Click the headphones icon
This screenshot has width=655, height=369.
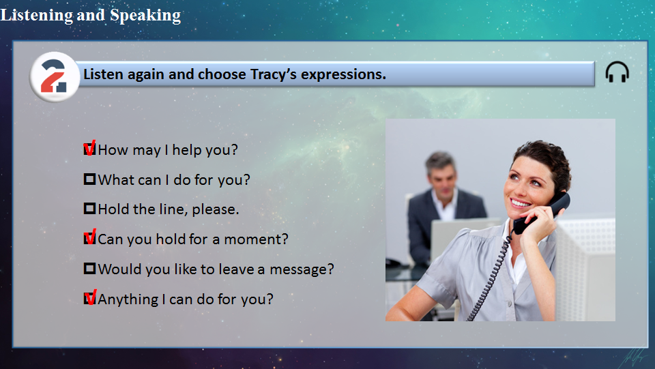617,72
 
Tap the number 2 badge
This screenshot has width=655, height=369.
55,77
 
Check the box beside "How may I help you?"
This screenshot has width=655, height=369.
90,149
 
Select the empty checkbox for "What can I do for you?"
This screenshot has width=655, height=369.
90,179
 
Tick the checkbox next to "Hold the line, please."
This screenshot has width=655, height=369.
90,208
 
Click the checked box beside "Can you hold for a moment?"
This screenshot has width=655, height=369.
90,238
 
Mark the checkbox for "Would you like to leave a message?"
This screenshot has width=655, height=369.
90,269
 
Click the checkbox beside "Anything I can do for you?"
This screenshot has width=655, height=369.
90,298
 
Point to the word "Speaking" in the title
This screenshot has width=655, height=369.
145,16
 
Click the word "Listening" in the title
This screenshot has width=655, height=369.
36,16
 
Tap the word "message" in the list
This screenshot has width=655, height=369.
302,269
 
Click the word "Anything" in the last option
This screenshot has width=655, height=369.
128,299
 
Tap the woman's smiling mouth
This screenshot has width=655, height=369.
521,203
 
